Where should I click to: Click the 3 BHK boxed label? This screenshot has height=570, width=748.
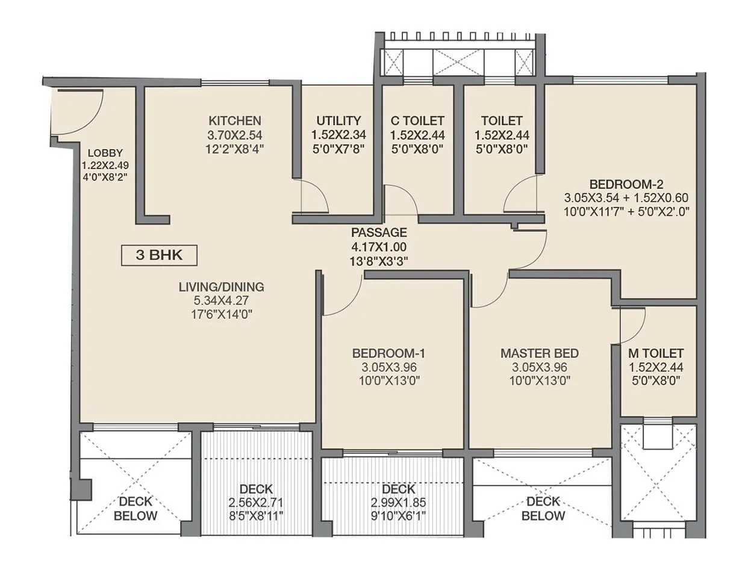click(160, 255)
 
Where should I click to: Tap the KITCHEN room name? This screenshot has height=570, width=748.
click(234, 120)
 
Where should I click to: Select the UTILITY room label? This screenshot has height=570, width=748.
click(338, 120)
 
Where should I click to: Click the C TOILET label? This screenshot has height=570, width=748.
click(417, 120)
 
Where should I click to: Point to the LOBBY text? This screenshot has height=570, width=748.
click(105, 152)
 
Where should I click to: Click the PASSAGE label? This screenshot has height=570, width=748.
click(379, 232)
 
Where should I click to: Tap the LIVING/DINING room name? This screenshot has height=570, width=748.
click(221, 287)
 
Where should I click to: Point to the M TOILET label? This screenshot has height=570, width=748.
click(656, 353)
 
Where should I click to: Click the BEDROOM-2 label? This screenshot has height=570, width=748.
click(626, 184)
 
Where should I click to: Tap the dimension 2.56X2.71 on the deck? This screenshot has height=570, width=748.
click(256, 502)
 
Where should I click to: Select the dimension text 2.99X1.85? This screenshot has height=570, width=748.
click(398, 502)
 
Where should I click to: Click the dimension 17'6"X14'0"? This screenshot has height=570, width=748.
click(221, 313)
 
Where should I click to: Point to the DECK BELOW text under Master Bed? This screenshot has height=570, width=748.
click(543, 509)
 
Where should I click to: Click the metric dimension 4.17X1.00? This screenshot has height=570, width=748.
click(379, 246)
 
